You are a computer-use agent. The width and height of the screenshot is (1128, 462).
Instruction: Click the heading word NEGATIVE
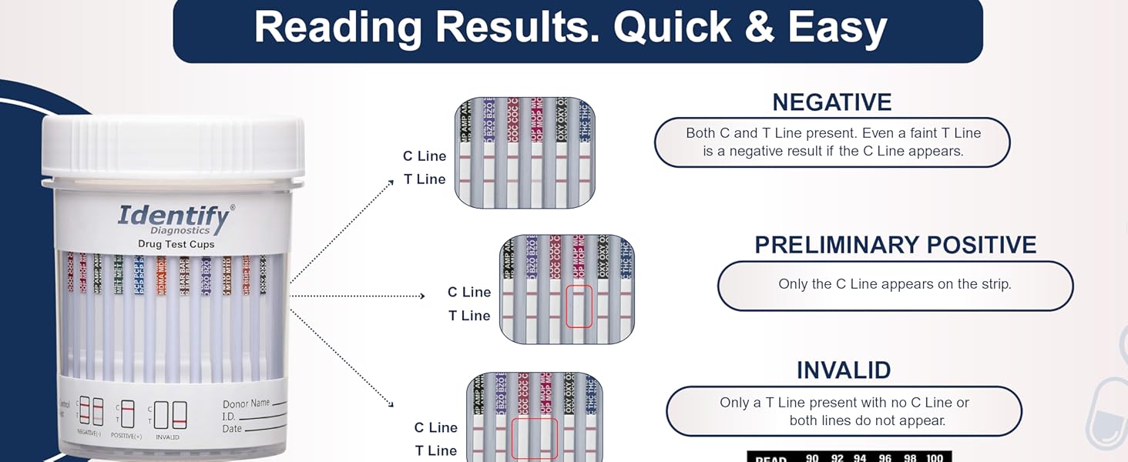coord(832,102)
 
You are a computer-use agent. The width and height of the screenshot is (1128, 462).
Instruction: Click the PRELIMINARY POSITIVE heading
coord(895,245)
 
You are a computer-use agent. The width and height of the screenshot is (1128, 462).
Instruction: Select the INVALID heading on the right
coord(844,370)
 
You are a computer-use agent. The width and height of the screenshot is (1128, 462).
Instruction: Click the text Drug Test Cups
coord(176,244)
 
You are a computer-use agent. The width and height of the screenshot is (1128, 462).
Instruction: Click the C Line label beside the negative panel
coord(425,156)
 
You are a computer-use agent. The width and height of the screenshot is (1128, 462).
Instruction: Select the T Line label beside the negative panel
coord(425,179)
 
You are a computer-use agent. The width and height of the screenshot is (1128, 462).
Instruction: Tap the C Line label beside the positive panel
coord(469,293)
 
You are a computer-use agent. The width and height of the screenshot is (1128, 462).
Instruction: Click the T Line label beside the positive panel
coord(469,316)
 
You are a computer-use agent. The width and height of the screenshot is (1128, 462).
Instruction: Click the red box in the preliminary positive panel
coord(579,306)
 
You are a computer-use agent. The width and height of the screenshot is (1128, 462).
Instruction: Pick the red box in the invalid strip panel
coord(534,440)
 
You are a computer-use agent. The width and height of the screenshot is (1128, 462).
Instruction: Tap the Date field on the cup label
coord(232,429)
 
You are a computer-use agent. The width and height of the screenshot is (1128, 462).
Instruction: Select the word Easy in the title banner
coord(841,28)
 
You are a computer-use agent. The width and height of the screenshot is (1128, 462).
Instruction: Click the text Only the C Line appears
coord(894,284)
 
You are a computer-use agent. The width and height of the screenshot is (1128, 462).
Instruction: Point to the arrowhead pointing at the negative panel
coord(390,182)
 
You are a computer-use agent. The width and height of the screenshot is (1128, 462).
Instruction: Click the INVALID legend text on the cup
coord(167,437)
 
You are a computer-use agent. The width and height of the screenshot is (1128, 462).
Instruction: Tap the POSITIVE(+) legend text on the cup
coord(126,436)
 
